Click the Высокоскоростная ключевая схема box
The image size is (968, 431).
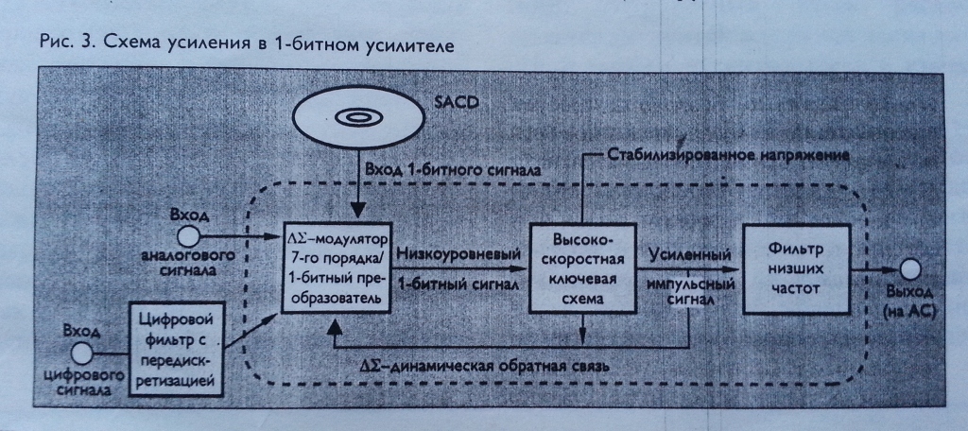pyautogui.click(x=580, y=267)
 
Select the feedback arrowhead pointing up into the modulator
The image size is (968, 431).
pyautogui.click(x=332, y=326)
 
